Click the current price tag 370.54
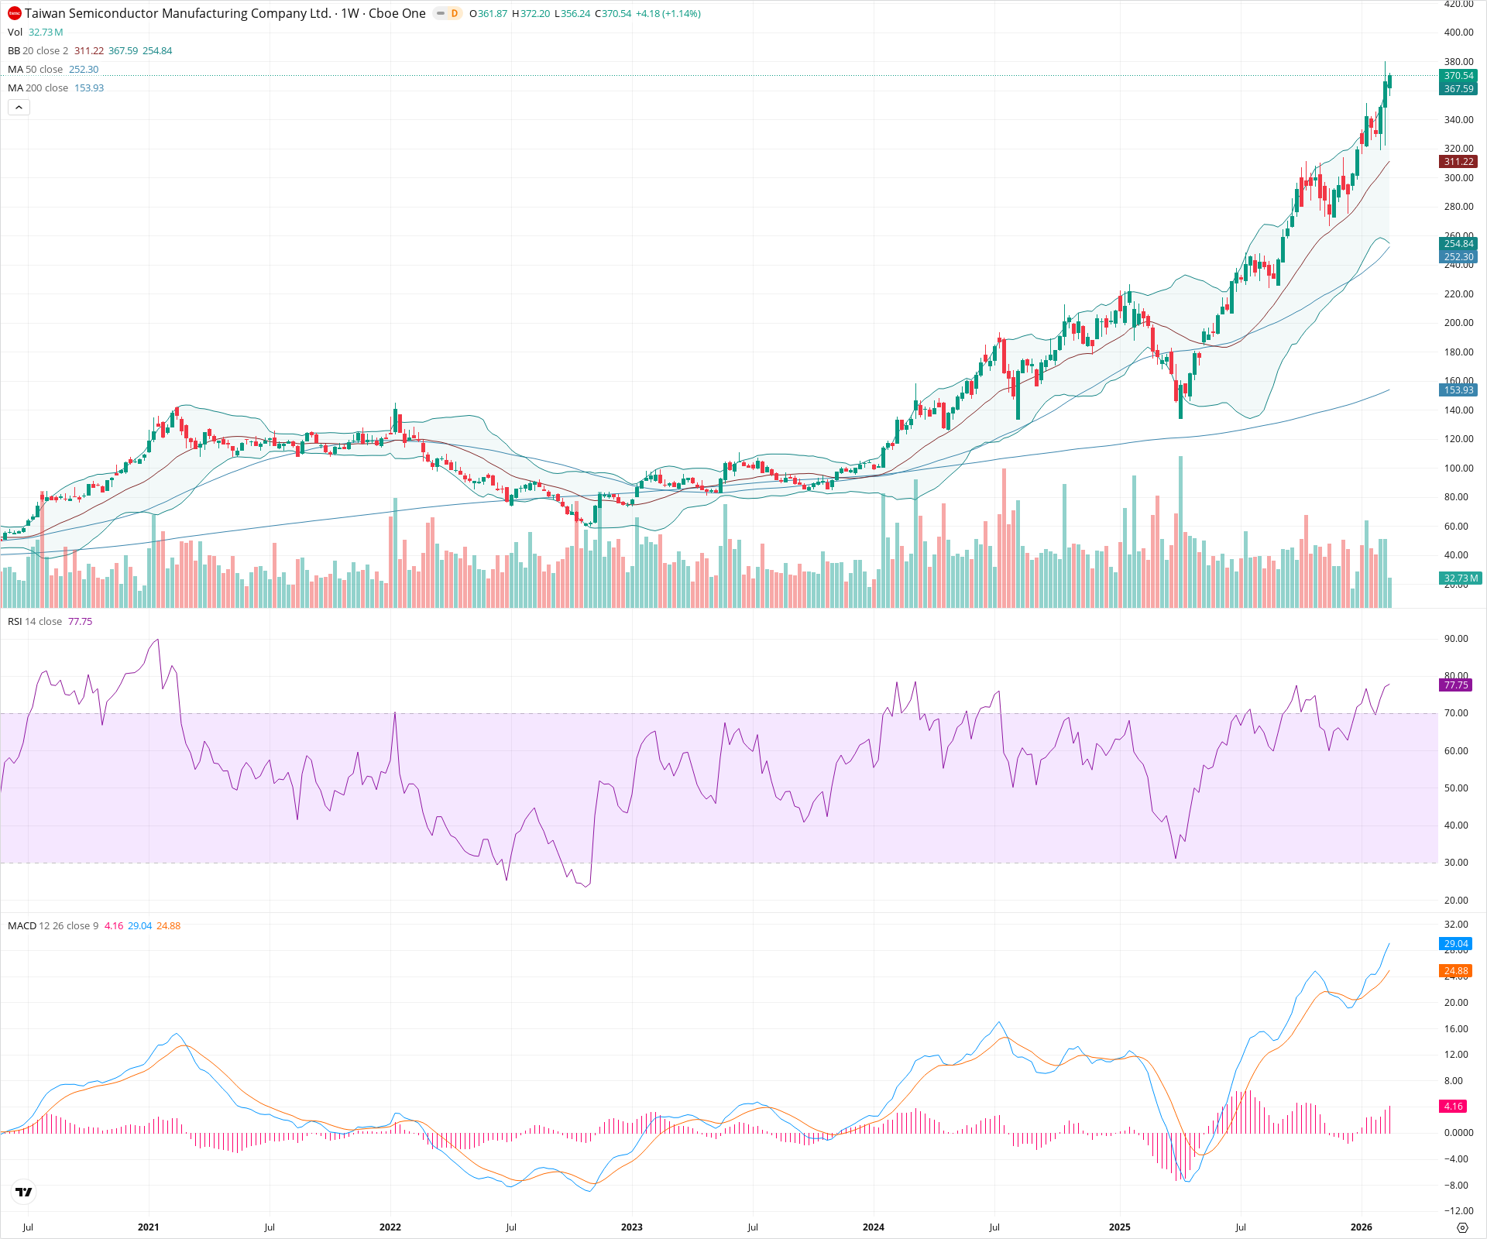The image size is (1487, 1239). pyautogui.click(x=1458, y=76)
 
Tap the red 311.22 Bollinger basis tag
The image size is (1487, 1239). pyautogui.click(x=1458, y=162)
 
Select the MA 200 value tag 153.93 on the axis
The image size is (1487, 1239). pyautogui.click(x=1458, y=390)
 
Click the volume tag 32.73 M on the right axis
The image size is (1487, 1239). pyautogui.click(x=1461, y=578)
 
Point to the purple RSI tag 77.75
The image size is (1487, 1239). pyautogui.click(x=1456, y=685)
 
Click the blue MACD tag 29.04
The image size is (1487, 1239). pyautogui.click(x=1456, y=944)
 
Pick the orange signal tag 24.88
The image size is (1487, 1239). pyautogui.click(x=1456, y=971)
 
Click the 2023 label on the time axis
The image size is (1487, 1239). pyautogui.click(x=631, y=1227)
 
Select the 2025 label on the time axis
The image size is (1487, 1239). pyautogui.click(x=1119, y=1227)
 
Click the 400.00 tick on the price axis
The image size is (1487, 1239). pyautogui.click(x=1458, y=33)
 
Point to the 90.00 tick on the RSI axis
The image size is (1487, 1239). pyautogui.click(x=1456, y=639)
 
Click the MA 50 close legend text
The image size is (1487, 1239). pyautogui.click(x=36, y=70)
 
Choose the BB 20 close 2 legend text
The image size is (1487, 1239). pyautogui.click(x=38, y=51)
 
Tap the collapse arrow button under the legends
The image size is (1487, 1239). pyautogui.click(x=19, y=108)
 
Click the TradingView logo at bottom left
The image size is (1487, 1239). pyautogui.click(x=24, y=1192)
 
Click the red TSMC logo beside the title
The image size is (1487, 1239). pyautogui.click(x=15, y=13)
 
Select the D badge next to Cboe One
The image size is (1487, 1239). pyautogui.click(x=454, y=13)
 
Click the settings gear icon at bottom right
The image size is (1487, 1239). pyautogui.click(x=1462, y=1227)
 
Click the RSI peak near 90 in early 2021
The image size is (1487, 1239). pyautogui.click(x=158, y=640)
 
